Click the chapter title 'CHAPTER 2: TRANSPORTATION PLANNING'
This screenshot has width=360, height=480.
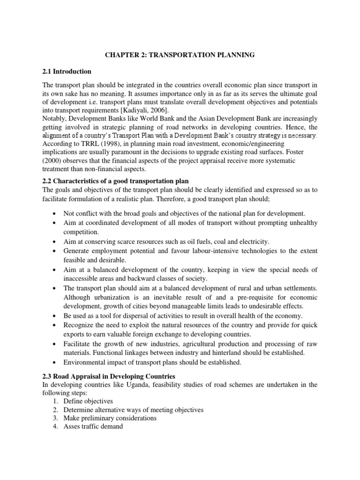(180, 55)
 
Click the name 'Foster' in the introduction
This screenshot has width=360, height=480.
(305, 152)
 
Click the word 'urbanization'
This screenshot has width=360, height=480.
(114, 298)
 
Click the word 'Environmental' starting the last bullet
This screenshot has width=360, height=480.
(85, 362)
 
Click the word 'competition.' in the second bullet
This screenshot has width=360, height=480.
(82, 232)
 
